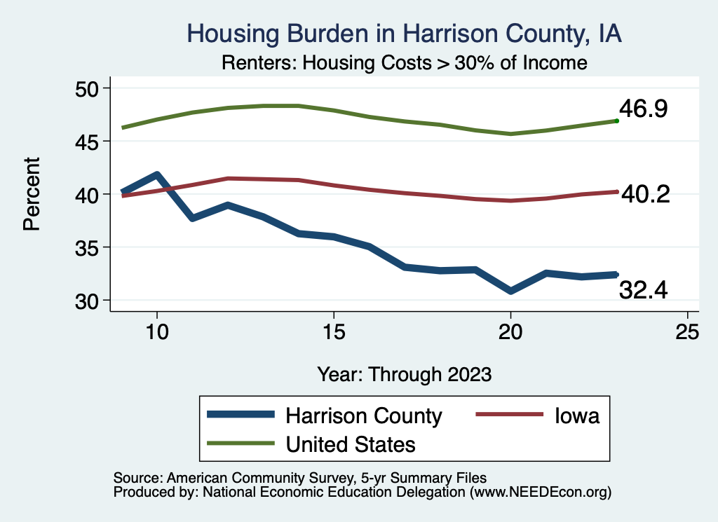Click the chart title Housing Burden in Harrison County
[405, 34]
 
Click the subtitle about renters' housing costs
[405, 63]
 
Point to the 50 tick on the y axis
[90, 88]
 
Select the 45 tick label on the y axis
[90, 142]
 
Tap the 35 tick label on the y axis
[90, 247]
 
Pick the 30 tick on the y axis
[90, 301]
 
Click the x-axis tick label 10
[157, 331]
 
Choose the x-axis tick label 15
[334, 331]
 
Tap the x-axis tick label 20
[510, 331]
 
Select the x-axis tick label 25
[687, 331]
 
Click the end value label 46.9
[643, 109]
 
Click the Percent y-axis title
[32, 194]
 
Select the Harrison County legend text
[363, 416]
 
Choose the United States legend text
[351, 444]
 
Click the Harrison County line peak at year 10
[157, 174]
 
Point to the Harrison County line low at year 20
[510, 291]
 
